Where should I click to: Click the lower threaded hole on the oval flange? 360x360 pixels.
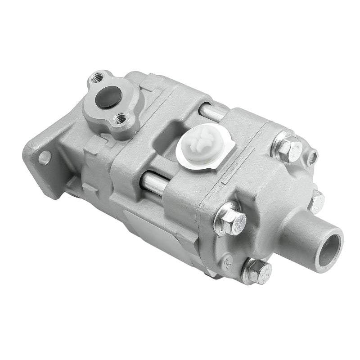120,119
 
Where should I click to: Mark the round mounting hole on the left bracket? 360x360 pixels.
44,157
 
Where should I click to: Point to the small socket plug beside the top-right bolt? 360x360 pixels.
312,157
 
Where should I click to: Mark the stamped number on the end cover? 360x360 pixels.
225,260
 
